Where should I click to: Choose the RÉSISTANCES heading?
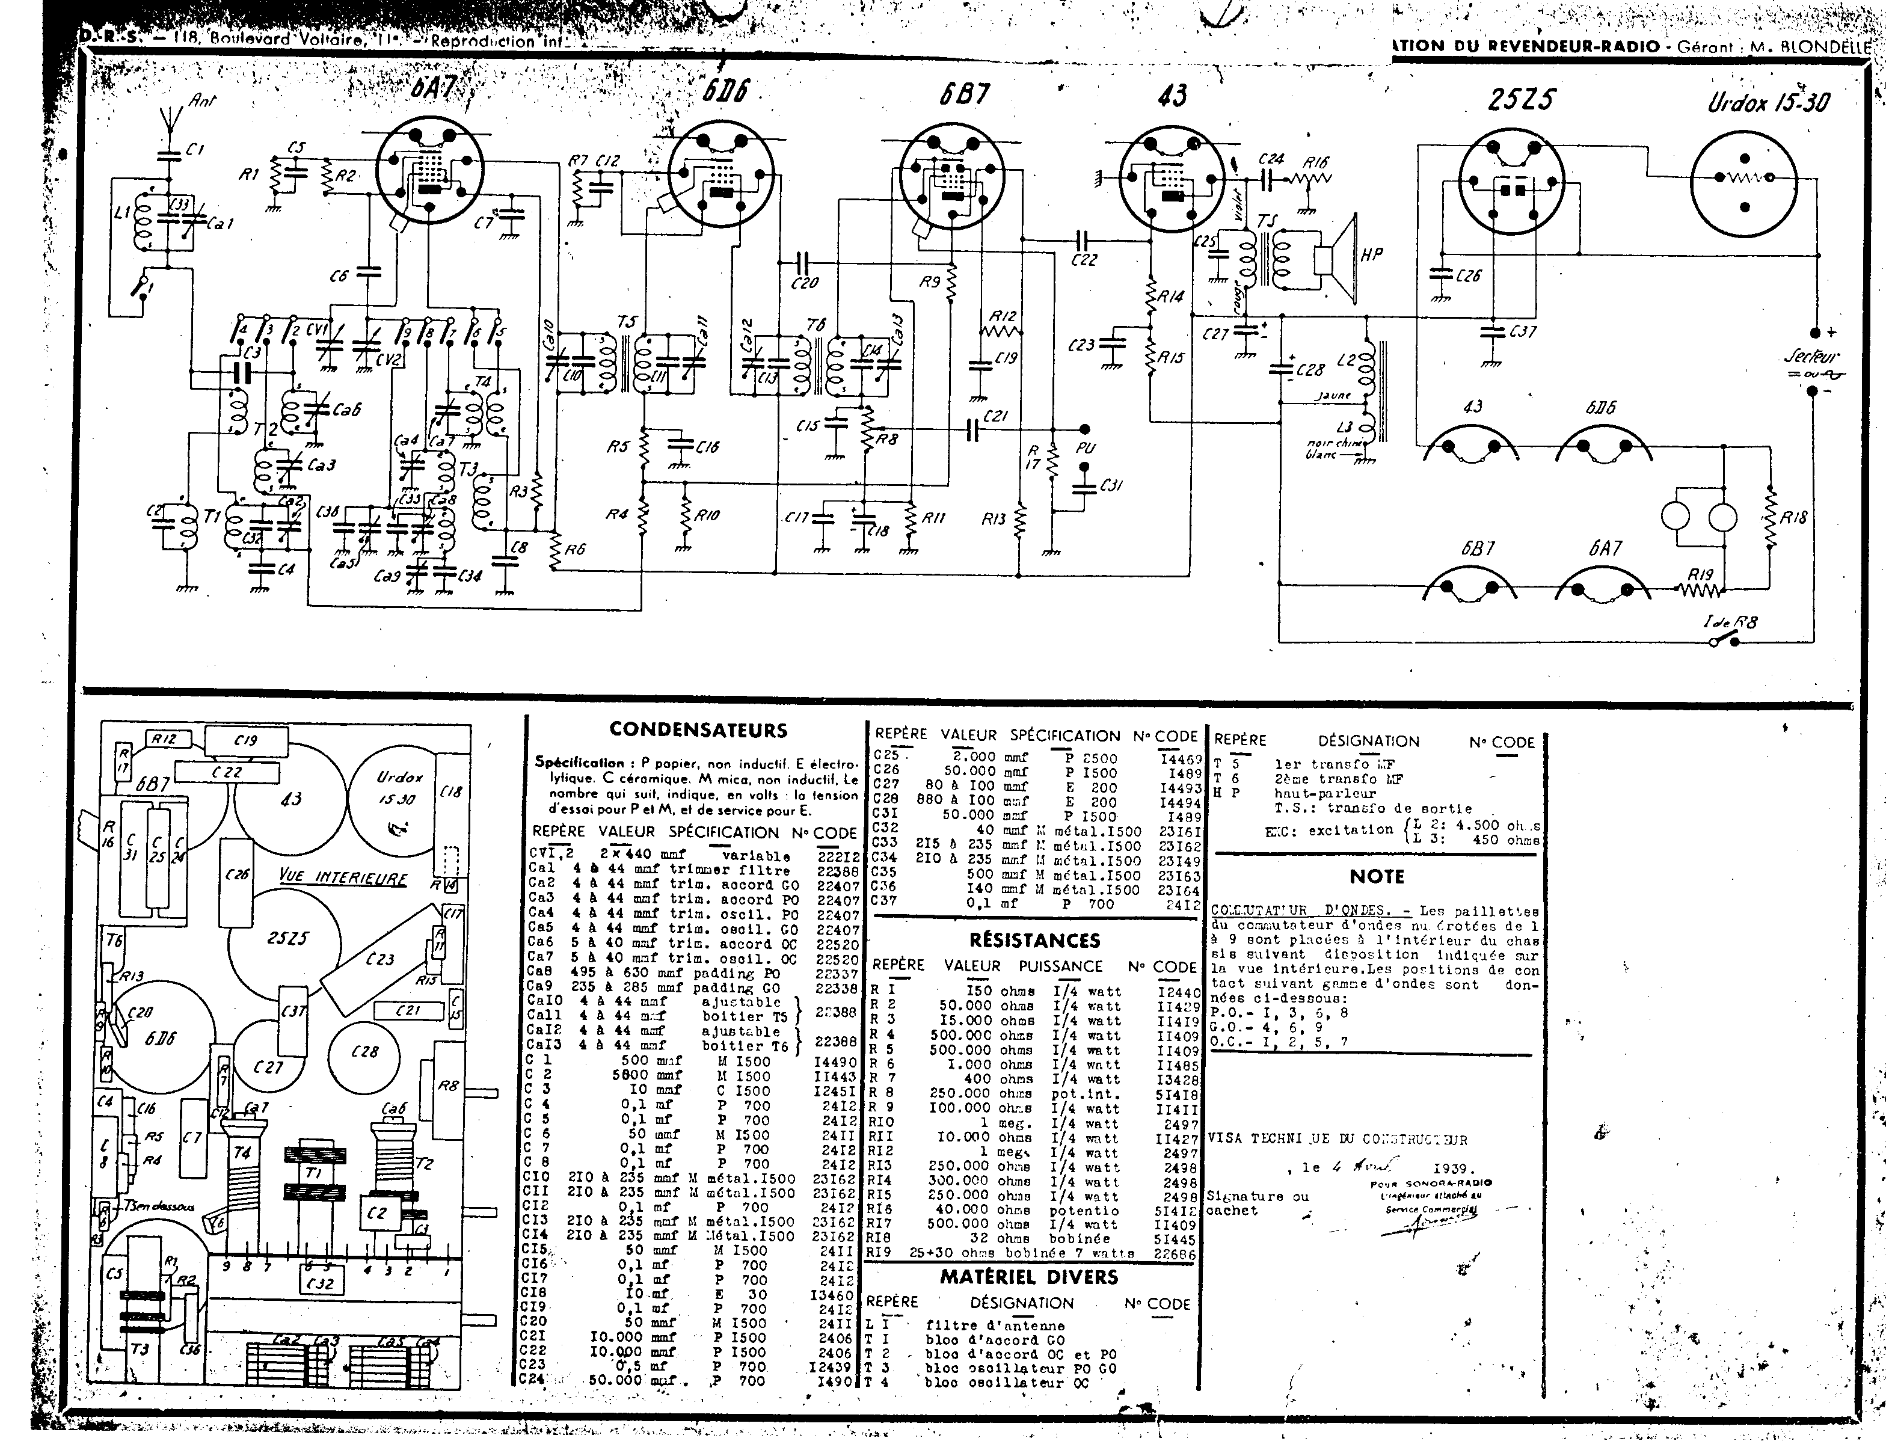point(1034,940)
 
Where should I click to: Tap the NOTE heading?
point(1377,876)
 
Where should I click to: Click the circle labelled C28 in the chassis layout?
point(364,1051)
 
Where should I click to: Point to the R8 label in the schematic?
point(888,440)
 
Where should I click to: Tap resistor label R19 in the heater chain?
point(1700,575)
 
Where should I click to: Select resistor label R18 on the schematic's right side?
point(1793,518)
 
